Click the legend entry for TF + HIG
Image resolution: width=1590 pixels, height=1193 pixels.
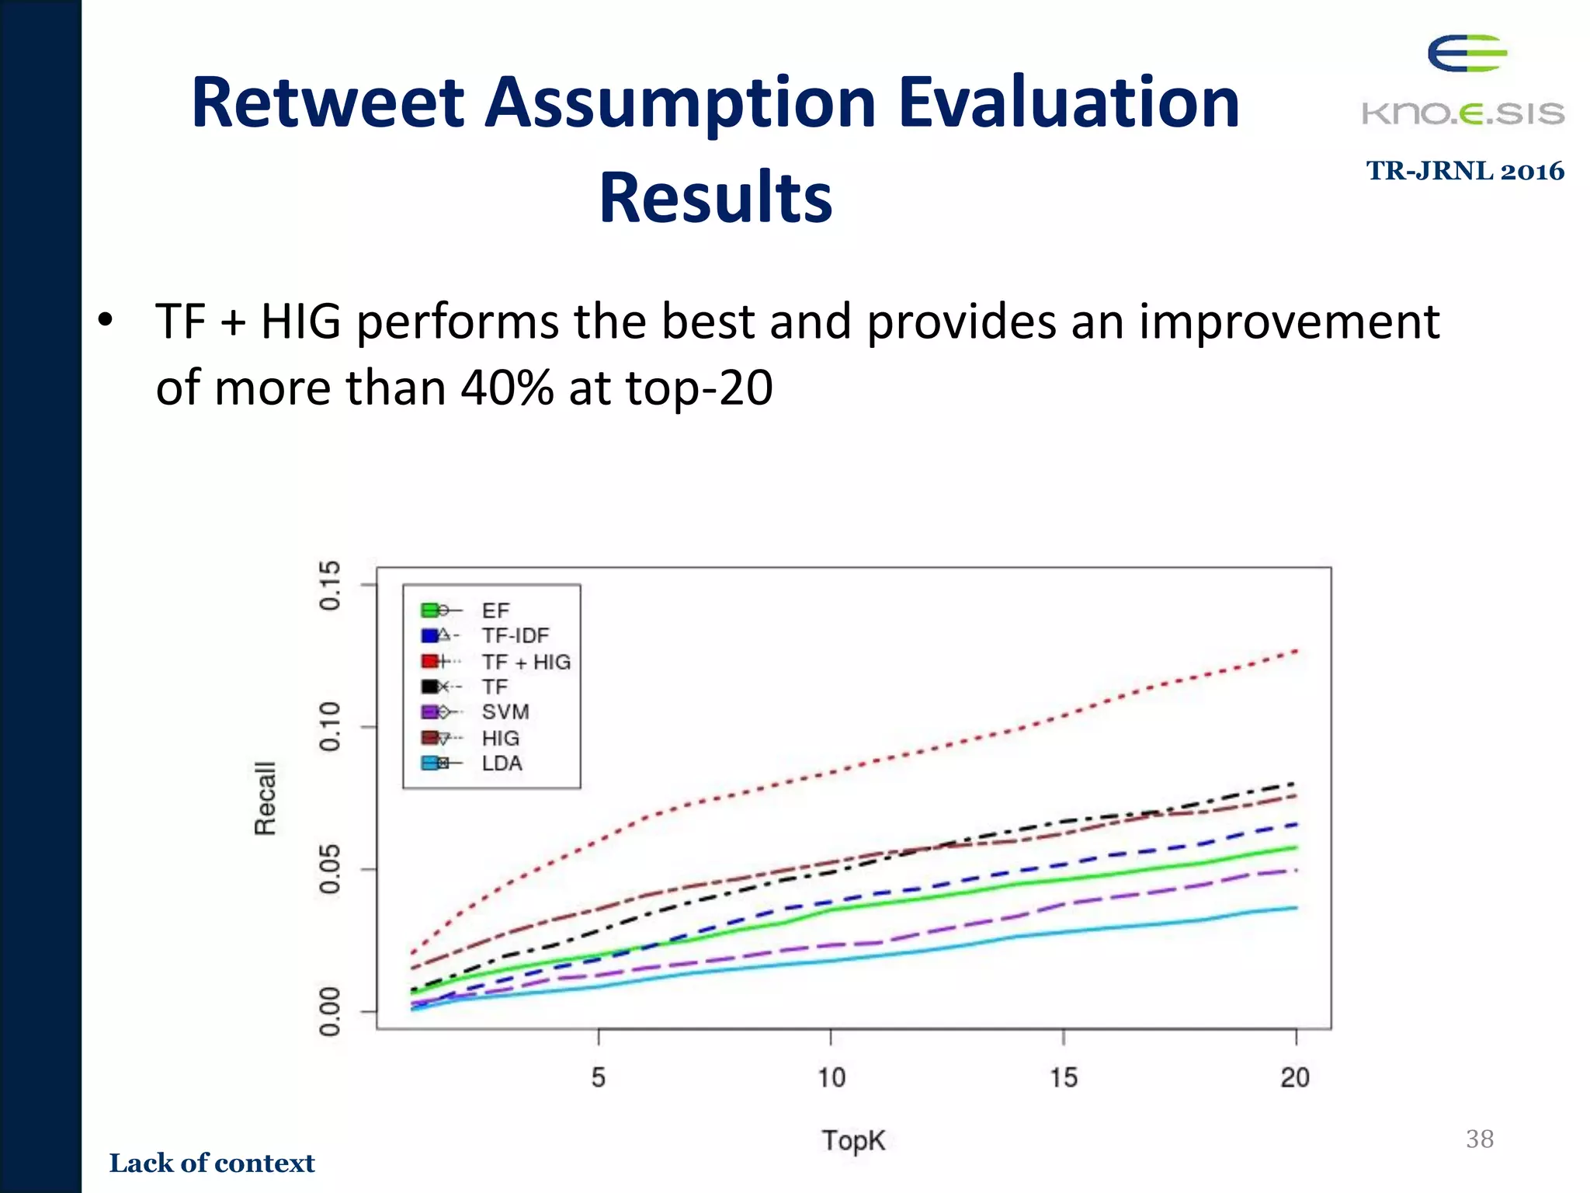click(x=526, y=662)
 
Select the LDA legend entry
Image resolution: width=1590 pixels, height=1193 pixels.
click(x=502, y=763)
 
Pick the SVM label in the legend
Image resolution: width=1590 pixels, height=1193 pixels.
click(x=505, y=712)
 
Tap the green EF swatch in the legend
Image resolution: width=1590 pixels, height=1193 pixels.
click(x=429, y=610)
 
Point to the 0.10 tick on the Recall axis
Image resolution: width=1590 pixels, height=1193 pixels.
click(x=330, y=726)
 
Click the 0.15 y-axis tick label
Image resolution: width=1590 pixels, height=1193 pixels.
click(x=330, y=585)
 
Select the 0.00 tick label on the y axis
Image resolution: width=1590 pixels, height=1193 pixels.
click(x=330, y=1011)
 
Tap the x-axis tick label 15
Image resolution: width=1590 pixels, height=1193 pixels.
click(x=1064, y=1077)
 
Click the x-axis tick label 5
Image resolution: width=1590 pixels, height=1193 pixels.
click(x=598, y=1077)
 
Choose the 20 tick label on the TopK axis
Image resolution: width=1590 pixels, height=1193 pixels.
click(x=1295, y=1077)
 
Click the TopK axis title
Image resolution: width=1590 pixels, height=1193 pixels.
click(x=853, y=1140)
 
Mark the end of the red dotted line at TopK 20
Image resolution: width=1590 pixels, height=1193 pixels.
click(x=1296, y=650)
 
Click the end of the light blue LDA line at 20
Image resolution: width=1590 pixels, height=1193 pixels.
click(x=1296, y=907)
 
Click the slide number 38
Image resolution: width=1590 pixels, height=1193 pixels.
click(x=1479, y=1139)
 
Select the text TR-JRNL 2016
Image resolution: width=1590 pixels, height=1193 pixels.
click(x=1465, y=171)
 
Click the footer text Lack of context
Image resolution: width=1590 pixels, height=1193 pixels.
click(x=212, y=1163)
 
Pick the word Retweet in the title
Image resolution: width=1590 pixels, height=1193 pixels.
click(x=328, y=103)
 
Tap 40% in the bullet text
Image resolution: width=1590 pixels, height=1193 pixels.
click(x=507, y=387)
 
